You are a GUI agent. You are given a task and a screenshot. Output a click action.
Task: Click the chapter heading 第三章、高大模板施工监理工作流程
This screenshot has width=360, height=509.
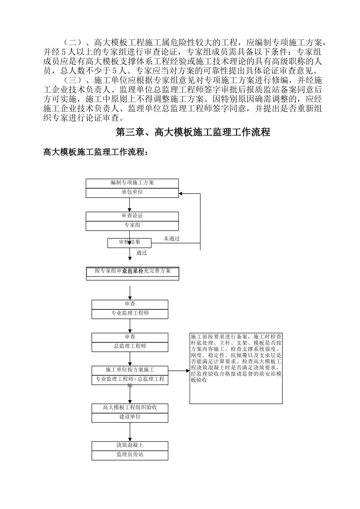pos(193,132)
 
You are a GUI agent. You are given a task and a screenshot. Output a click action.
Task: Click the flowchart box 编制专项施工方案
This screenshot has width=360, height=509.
pos(132,183)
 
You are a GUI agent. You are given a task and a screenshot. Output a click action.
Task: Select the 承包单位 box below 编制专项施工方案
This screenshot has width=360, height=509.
pos(132,192)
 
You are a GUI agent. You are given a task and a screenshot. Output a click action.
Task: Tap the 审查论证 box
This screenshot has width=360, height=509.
pos(132,216)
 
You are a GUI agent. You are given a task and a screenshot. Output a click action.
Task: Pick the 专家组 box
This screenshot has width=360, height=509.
pos(132,225)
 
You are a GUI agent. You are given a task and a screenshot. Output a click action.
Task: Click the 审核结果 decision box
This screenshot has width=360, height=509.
pos(130,242)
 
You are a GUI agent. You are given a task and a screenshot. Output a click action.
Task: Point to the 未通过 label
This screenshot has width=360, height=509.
pos(172,239)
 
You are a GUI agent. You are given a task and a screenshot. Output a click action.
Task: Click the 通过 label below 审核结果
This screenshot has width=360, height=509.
pos(141,253)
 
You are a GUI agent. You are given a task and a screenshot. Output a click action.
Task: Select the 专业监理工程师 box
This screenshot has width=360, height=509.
pos(130,314)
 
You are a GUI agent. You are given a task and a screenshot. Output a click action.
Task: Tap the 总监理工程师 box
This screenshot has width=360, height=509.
pos(130,346)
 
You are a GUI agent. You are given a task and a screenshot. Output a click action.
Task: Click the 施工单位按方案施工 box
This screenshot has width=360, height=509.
pos(130,370)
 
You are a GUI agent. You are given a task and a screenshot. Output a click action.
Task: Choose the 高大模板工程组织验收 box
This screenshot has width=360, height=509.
pos(130,408)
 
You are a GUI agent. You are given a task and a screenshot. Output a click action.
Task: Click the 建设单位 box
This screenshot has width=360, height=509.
pos(130,417)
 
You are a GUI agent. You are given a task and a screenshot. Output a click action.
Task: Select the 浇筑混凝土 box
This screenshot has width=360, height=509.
pos(130,445)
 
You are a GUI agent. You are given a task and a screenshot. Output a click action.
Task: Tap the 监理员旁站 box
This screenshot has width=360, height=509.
pos(130,455)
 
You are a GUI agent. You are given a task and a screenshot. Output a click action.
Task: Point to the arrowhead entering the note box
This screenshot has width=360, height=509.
pos(188,371)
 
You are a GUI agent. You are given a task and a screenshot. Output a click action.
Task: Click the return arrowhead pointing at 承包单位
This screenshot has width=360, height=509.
pos(181,194)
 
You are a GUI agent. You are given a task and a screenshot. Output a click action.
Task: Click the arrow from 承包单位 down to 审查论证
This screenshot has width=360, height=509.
pos(130,205)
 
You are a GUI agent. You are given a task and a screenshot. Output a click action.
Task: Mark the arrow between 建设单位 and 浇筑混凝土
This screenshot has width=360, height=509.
pos(130,432)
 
